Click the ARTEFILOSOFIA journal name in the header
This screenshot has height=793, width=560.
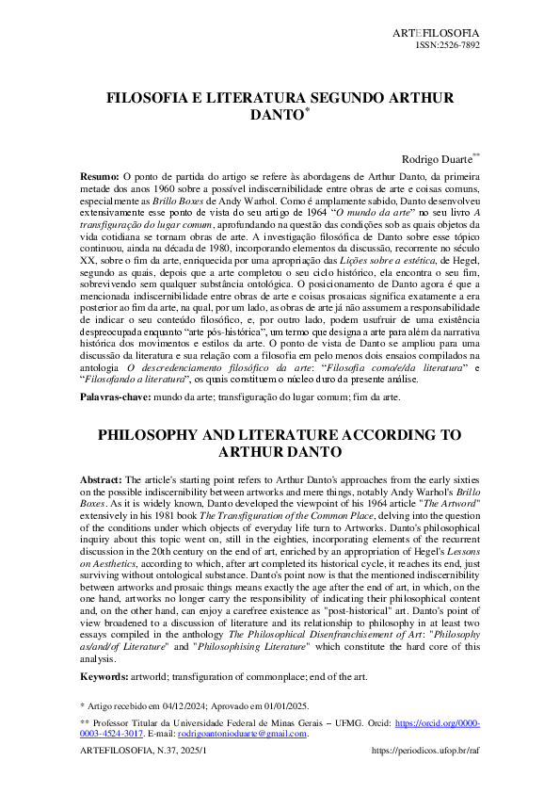[x=440, y=33]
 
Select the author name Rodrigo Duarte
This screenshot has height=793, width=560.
[x=436, y=161]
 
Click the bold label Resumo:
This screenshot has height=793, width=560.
[x=100, y=176]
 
